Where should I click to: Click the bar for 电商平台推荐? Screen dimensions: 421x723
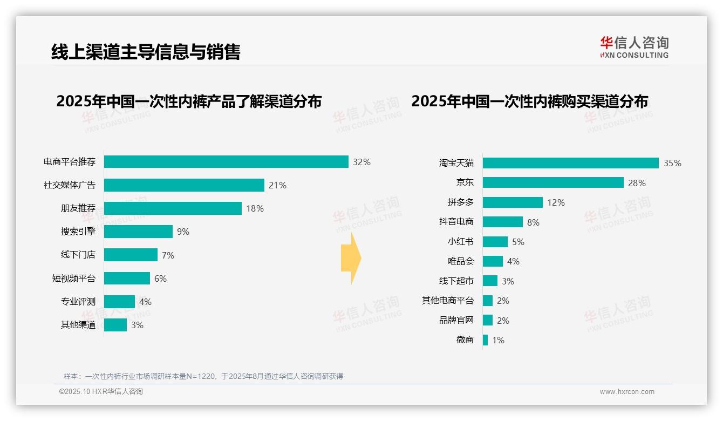coord(226,162)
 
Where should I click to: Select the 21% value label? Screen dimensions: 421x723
coord(277,185)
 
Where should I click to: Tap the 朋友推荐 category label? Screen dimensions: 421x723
coord(78,208)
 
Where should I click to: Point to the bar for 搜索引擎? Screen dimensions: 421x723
coord(138,232)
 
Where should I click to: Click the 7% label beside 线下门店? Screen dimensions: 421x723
coord(168,255)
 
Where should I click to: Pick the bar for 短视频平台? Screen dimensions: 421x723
coord(127,279)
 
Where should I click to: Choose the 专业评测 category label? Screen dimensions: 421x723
coord(78,302)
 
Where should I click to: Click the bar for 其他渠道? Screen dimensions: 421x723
coord(115,325)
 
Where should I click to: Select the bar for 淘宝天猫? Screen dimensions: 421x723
coord(570,163)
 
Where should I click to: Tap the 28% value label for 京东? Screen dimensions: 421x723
coord(637,183)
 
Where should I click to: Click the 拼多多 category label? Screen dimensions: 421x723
coord(460,202)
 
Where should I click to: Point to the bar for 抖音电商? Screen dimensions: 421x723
coord(502,222)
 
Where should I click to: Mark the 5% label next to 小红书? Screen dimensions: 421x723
coord(518,242)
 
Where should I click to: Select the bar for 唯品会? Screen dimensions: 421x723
coord(493,261)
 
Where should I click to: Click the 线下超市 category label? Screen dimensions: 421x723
coord(456,281)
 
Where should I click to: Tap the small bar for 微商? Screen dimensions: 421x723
coord(485,340)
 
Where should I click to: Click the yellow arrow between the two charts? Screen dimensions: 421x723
coord(351,259)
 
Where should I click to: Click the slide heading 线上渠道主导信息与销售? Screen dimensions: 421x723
coord(145,52)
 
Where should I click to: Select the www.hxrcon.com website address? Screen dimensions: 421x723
coord(626,392)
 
